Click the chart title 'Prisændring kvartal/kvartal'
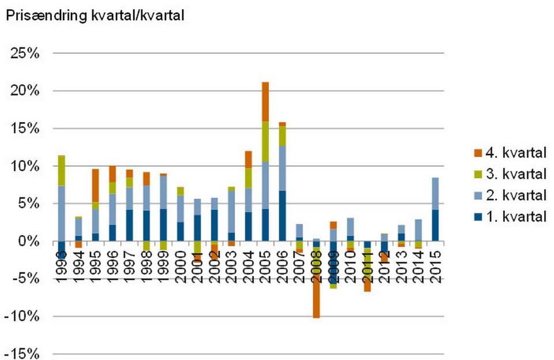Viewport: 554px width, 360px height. click(x=95, y=17)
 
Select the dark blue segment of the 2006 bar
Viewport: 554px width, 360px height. click(x=282, y=216)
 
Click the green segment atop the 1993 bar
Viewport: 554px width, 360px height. click(x=61, y=170)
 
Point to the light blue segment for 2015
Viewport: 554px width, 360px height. click(x=435, y=193)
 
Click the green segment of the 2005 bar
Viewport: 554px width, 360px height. click(x=265, y=141)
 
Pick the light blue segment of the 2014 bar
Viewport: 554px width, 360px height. click(x=418, y=230)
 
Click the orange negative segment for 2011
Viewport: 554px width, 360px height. click(x=367, y=287)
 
